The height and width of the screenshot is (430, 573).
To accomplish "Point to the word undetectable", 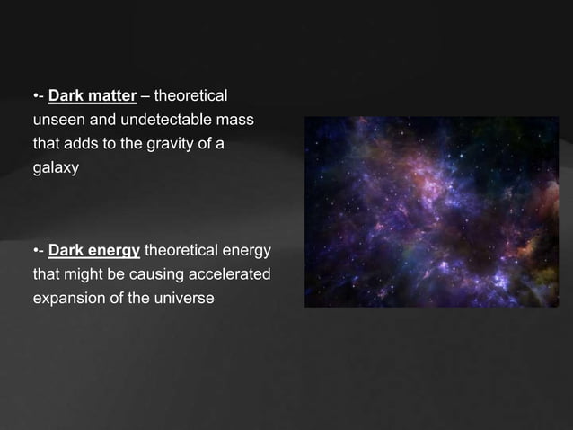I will tap(148, 119).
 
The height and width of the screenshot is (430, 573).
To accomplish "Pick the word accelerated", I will tap(229, 273).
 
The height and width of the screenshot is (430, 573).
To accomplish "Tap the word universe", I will tap(185, 298).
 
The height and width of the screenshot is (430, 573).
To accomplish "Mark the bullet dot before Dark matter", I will tap(35, 94).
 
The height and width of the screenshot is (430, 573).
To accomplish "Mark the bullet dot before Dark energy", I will tap(35, 249).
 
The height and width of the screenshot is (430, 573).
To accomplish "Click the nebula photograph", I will tap(430, 211).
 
